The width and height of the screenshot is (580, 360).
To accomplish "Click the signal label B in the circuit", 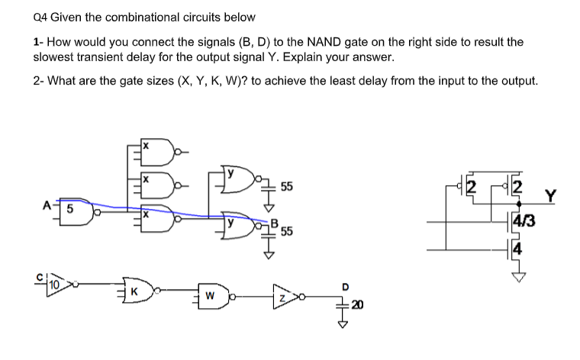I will pos(274,223).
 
